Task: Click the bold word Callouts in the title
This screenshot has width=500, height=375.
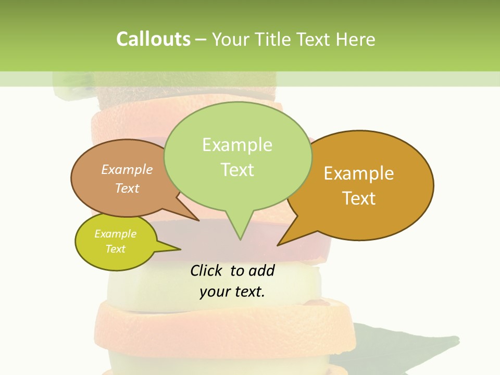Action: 153,39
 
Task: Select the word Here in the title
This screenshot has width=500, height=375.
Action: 355,39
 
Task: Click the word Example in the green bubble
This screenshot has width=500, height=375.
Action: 237,144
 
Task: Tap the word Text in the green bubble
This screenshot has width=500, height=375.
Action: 237,169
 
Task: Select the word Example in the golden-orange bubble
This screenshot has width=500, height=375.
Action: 359,173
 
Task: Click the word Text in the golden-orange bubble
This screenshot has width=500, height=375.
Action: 359,198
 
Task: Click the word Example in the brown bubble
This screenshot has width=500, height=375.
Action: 127,169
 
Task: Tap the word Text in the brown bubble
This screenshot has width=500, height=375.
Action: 127,188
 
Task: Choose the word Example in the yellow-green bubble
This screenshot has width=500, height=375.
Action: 115,234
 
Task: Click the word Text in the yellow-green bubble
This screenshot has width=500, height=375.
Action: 115,248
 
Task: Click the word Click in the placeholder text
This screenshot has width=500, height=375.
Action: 206,270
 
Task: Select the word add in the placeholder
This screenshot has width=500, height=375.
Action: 261,270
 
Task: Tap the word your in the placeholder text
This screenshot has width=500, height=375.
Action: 214,291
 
